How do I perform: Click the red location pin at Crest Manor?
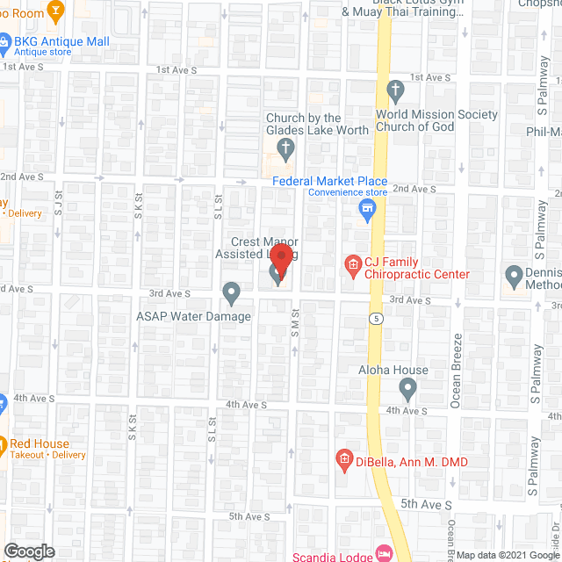pos(281,260)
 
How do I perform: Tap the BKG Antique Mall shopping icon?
pos(4,40)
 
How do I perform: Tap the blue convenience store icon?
pos(368,209)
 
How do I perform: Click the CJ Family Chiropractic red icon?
pos(352,264)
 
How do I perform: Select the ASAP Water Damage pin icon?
pos(232,291)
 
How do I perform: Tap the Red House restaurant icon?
pos(4,443)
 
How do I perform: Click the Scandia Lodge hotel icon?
pos(384,553)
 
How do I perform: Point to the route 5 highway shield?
pos(376,317)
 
